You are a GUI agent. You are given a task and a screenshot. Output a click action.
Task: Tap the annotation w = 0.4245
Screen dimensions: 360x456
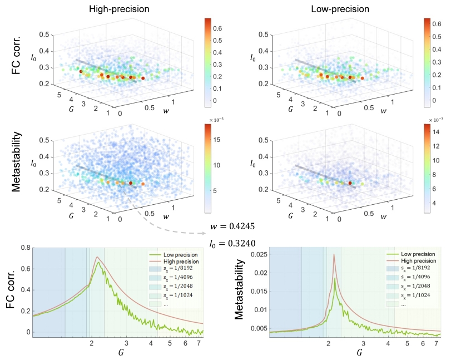click(232, 227)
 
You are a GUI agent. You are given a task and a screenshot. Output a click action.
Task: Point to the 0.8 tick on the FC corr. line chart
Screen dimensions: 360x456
click(24, 247)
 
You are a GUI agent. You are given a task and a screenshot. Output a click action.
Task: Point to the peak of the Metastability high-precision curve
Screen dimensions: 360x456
click(334, 255)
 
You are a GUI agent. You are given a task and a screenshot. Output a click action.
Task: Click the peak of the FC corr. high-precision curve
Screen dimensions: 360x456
click(97, 257)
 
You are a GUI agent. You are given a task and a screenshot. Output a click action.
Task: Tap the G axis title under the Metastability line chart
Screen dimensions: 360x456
click(359, 353)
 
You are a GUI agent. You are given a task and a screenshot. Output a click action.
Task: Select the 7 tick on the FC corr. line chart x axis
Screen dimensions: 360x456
click(198, 345)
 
